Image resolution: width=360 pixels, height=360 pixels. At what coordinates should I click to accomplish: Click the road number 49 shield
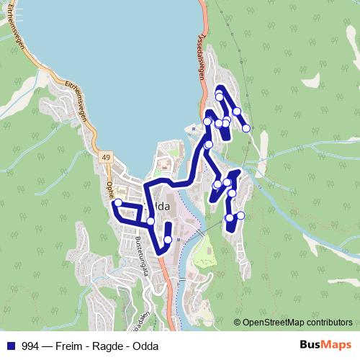106,158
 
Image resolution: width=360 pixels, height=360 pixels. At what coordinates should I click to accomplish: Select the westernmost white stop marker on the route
117,203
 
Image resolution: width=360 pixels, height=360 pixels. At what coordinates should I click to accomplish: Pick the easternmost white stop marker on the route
246,128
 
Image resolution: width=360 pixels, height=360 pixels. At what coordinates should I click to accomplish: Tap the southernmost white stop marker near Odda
168,240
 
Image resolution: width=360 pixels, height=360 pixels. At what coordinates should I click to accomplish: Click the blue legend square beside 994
9,346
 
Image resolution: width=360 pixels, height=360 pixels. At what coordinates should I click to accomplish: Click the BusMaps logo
326,346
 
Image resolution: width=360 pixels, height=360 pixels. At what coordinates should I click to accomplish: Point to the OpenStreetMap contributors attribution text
297,323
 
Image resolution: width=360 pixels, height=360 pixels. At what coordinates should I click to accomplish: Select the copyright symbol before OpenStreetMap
237,323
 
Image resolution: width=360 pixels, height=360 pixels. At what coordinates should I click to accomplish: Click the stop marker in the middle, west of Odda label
150,221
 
